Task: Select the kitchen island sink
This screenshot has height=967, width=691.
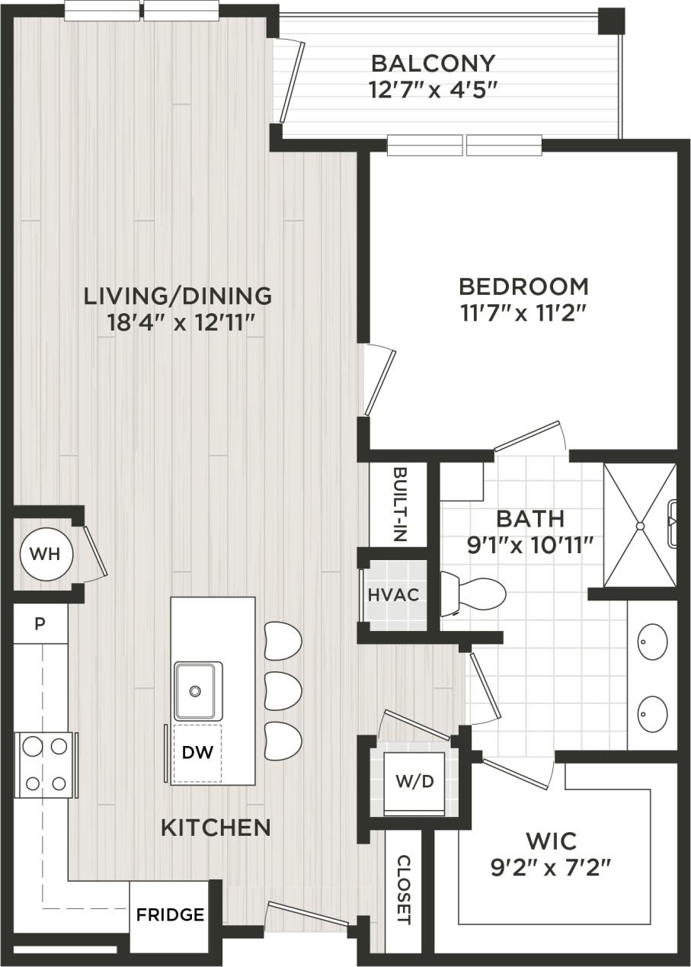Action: pos(197,691)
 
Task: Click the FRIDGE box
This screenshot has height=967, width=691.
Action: pos(170,914)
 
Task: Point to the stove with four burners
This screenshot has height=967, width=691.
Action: pos(45,764)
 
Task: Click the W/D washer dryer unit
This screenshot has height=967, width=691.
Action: pos(414,783)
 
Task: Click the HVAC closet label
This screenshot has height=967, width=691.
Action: pos(394,594)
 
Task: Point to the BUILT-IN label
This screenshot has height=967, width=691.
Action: pos(399,504)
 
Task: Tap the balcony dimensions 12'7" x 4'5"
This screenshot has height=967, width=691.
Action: pos(433,90)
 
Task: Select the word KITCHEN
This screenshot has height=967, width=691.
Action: pos(216,827)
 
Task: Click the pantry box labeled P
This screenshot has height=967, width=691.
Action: pos(40,624)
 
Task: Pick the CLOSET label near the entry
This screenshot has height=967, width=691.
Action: pos(404,889)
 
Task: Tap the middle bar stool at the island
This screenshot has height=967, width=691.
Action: pos(283,690)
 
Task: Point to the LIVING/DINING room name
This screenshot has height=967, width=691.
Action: pos(178,294)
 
